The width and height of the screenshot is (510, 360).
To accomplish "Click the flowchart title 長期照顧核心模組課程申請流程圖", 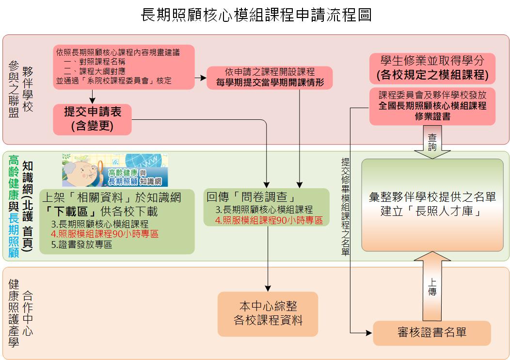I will tap(256, 15).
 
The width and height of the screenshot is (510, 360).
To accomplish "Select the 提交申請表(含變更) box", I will tap(93, 119).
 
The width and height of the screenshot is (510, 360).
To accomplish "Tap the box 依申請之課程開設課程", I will tap(270, 77).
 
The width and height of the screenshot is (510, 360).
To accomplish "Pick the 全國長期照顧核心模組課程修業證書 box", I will tap(432, 105).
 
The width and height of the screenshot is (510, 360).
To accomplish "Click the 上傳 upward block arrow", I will tap(432, 286).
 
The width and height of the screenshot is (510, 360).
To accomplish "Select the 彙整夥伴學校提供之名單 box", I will tap(432, 204).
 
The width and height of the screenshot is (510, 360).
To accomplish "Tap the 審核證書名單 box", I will tap(431, 332).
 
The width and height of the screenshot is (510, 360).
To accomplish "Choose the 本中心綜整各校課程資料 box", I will tap(268, 313).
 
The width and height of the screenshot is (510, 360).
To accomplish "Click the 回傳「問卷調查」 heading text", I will tap(251, 197).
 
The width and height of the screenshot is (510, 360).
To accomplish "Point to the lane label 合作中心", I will tap(28, 313).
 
